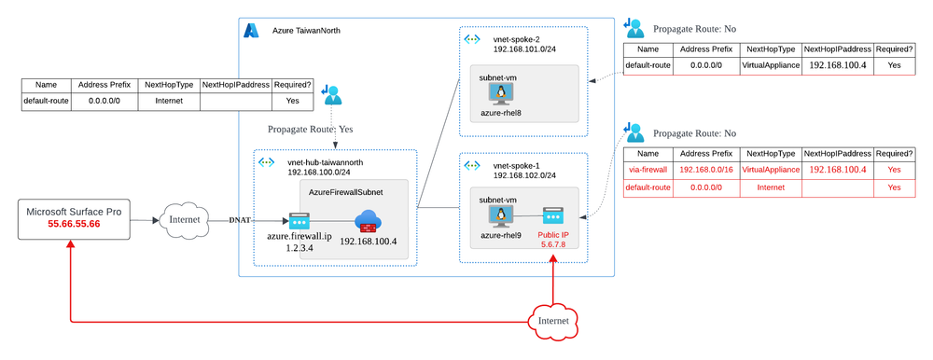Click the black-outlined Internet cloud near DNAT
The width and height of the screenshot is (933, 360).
pyautogui.click(x=185, y=221)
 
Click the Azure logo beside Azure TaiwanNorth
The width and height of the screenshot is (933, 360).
pyautogui.click(x=251, y=30)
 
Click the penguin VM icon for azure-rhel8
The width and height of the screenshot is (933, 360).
pyautogui.click(x=504, y=92)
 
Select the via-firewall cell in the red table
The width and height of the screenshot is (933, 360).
pyautogui.click(x=648, y=170)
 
